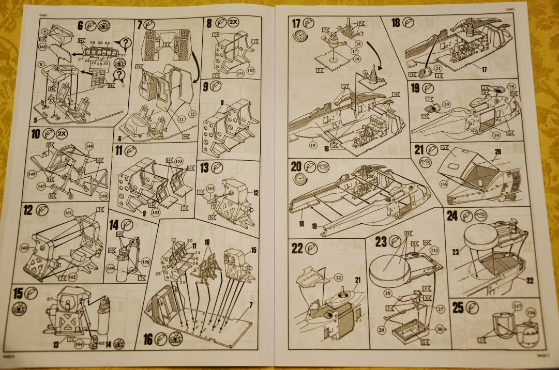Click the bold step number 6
point(80,25)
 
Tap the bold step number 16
point(148,339)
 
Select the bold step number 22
point(297,248)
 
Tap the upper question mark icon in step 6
point(125,43)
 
